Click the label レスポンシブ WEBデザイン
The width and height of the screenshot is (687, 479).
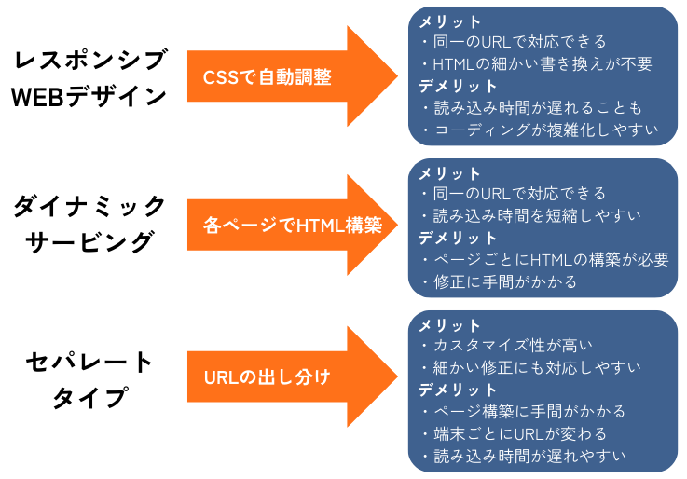coord(89,78)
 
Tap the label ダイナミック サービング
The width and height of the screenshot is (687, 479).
coord(89,224)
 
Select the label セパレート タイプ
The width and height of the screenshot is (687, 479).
coord(89,379)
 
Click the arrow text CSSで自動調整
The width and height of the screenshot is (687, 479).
coord(267,77)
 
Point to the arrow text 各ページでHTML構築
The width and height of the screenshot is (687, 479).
coord(293,226)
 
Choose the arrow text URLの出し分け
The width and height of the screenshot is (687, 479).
coord(267,377)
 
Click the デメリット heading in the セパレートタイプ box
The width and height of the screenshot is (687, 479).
coord(458,390)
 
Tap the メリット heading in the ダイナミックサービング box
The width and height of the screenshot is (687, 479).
coord(449,174)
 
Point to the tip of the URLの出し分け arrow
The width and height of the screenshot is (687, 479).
coord(397,377)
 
